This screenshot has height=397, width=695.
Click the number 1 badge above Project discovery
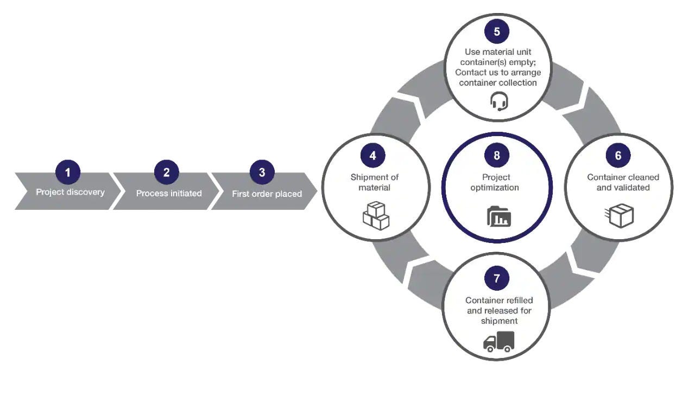point(68,172)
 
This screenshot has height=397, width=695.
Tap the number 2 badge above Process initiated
point(166,172)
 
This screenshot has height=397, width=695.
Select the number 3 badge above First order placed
point(262,172)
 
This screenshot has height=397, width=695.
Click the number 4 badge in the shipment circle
point(372,156)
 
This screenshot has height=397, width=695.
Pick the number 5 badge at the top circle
point(497,31)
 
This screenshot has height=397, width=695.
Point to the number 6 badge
point(618,156)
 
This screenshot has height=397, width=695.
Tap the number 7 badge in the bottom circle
point(497,279)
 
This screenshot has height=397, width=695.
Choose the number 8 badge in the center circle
point(497,156)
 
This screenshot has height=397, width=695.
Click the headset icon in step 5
point(499,101)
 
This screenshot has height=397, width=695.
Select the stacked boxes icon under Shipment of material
point(376,215)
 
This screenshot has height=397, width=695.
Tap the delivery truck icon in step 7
point(498,342)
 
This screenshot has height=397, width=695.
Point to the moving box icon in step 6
point(619,216)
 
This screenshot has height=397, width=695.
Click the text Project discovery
point(70,192)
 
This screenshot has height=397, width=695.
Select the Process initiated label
point(169,193)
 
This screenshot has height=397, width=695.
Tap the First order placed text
point(267,194)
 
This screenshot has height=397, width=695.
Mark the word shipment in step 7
point(499,321)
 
